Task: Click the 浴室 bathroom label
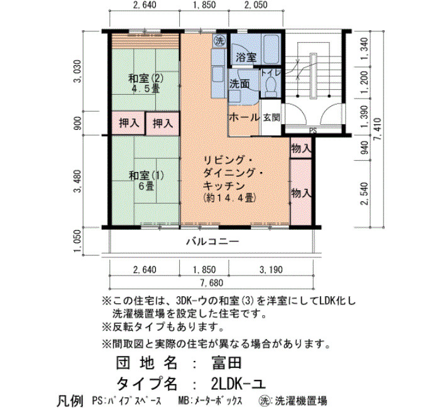click(x=246, y=58)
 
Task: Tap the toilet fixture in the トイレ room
click(x=271, y=84)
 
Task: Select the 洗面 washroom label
click(x=239, y=84)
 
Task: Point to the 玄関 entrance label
click(x=272, y=117)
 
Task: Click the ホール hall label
click(x=244, y=117)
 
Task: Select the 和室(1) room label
click(x=146, y=176)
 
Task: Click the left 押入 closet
click(x=129, y=123)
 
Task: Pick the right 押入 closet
click(x=163, y=123)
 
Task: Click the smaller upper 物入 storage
click(x=301, y=148)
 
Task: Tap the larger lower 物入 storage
click(x=301, y=192)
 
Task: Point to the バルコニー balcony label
click(x=212, y=241)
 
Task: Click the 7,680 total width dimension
click(x=212, y=282)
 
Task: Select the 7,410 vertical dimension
click(x=378, y=129)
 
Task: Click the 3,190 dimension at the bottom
click(x=271, y=270)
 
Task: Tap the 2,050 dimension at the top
click(x=256, y=5)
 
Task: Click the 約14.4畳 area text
click(x=229, y=198)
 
